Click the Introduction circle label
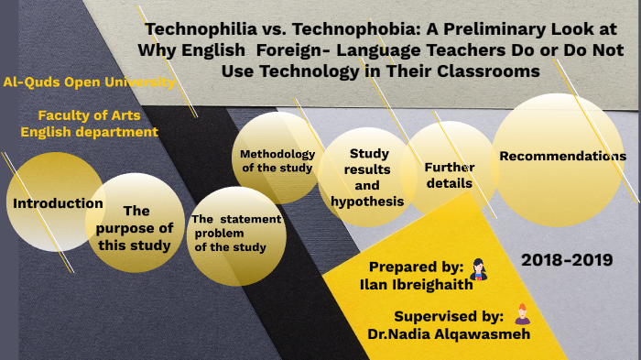[58, 202]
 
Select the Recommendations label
[562, 156]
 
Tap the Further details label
[449, 175]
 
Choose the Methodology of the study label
[277, 160]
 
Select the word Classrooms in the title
[490, 71]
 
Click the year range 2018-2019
[566, 260]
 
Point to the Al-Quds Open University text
[89, 82]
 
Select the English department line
[90, 132]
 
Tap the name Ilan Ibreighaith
[417, 284]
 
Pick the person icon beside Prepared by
[477, 268]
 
